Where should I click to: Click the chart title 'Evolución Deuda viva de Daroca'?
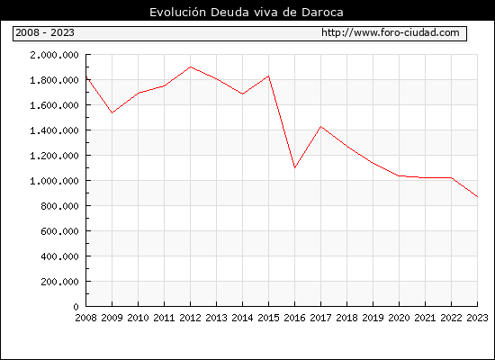click(x=247, y=13)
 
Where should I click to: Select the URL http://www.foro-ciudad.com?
click(x=391, y=32)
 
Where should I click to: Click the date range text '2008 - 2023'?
click(x=45, y=32)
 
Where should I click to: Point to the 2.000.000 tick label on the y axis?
click(x=54, y=55)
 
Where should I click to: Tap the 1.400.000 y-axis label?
click(x=54, y=130)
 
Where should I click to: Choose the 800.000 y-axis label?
click(x=59, y=206)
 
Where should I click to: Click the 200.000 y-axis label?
click(x=59, y=282)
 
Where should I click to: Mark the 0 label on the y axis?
click(x=76, y=307)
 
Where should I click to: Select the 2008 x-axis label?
click(x=85, y=318)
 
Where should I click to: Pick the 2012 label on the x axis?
click(x=191, y=318)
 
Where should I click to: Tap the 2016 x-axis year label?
click(x=294, y=318)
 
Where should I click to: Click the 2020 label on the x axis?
click(x=399, y=318)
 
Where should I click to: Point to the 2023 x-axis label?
click(x=477, y=318)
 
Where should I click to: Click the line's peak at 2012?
click(x=191, y=67)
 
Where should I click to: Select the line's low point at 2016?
click(x=294, y=167)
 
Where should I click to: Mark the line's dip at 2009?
click(x=112, y=112)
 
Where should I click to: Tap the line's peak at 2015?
click(x=269, y=76)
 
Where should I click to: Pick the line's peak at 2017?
click(x=320, y=127)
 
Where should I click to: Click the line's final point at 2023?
click(x=477, y=197)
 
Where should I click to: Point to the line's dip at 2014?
click(x=242, y=94)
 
